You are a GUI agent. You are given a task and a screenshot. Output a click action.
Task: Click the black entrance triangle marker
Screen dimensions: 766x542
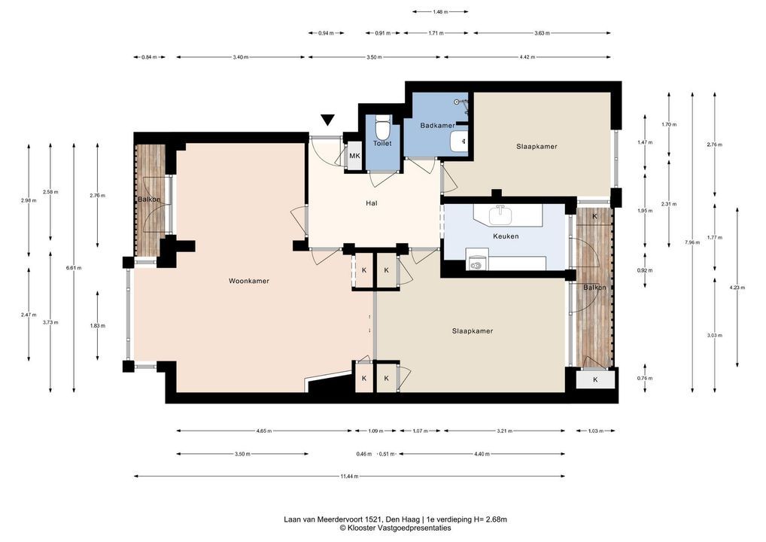point(327,120)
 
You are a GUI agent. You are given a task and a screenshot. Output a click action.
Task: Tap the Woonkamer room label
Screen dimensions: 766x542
point(249,281)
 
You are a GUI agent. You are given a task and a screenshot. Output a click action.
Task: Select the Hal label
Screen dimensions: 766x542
point(371,202)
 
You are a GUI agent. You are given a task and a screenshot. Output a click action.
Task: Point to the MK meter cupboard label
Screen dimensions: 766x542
point(354,156)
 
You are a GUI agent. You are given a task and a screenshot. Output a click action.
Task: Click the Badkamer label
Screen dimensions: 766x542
point(438,126)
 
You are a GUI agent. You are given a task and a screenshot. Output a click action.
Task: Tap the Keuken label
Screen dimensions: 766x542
point(506,236)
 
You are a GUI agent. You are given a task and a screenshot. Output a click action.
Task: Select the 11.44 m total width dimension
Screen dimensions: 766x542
point(350,476)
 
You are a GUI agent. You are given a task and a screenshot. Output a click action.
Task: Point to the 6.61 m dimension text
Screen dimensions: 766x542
point(74,268)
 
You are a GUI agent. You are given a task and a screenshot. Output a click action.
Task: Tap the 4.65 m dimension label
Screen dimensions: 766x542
point(264,431)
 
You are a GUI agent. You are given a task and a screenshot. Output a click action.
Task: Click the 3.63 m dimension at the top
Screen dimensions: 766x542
point(542,33)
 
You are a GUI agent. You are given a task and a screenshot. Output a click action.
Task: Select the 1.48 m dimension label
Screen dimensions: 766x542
point(440,12)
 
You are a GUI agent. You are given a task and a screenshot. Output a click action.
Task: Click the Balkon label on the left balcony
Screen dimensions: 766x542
point(148,199)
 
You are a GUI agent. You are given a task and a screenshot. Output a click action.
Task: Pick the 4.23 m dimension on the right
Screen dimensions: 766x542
point(737,288)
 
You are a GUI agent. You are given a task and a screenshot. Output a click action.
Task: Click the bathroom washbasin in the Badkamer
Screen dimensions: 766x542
point(459,142)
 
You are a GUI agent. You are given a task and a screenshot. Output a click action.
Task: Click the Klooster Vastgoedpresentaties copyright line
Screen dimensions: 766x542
point(396,528)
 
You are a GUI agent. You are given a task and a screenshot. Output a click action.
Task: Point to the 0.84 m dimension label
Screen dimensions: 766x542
point(149,57)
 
